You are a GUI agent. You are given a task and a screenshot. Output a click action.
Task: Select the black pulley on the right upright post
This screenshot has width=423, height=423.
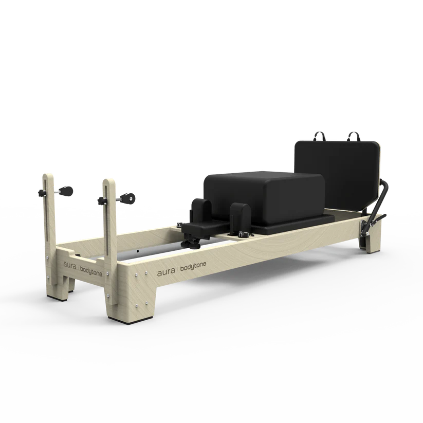(x=128, y=197)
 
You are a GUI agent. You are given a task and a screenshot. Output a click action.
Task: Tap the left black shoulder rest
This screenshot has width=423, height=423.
(x=198, y=210)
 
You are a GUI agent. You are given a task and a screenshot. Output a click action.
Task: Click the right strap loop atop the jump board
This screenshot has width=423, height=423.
(x=354, y=137)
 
